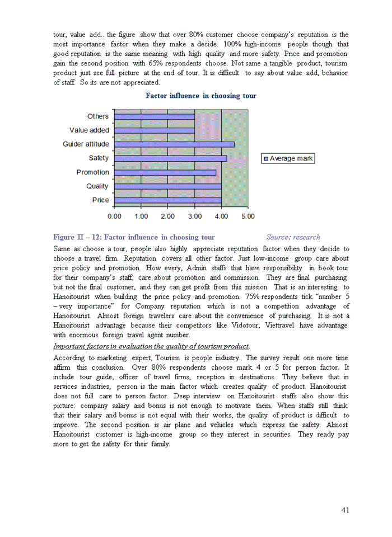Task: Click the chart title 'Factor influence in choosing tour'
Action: click(200, 96)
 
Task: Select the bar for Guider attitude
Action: click(174, 144)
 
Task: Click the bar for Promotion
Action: click(165, 172)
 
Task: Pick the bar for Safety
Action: click(170, 158)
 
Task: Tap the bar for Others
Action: click(154, 116)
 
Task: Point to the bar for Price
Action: click(167, 200)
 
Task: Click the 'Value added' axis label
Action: click(89, 130)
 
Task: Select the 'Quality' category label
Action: click(97, 186)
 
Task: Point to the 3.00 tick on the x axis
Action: click(194, 216)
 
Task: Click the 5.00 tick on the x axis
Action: click(248, 216)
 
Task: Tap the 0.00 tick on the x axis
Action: click(114, 216)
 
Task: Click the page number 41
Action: click(346, 510)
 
